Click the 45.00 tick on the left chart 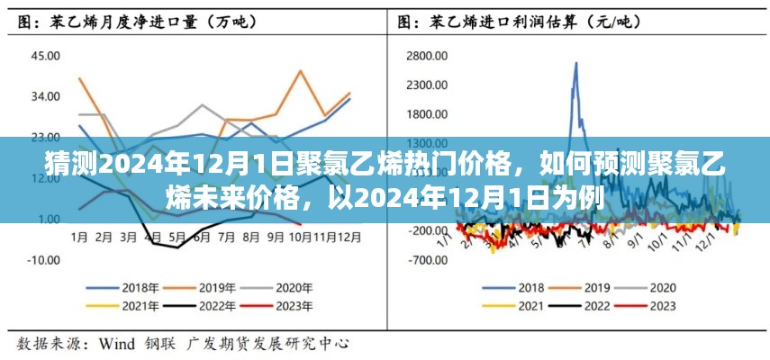(46, 56)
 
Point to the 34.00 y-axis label (46, 96)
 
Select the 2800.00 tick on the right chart (428, 56)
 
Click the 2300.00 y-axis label (428, 85)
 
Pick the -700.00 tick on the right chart (429, 259)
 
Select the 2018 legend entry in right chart (517, 288)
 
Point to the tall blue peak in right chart (575, 65)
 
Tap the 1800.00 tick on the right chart (428, 114)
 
